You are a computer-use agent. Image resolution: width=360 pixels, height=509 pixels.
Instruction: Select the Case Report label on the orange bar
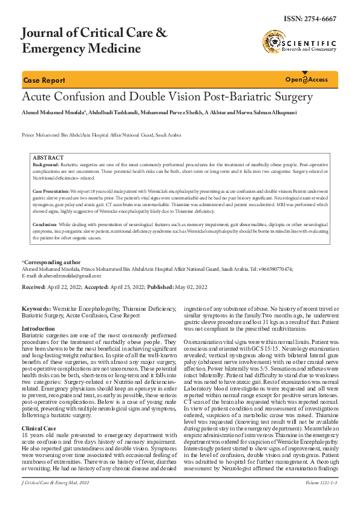coord(44,80)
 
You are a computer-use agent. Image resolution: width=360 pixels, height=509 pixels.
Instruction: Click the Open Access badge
coord(306,80)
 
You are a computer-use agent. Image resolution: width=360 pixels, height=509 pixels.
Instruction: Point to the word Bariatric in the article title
coord(254,97)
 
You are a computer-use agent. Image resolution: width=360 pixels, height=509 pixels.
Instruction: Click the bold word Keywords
coord(36,308)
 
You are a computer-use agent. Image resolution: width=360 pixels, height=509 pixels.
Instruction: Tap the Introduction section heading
coord(38,329)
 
